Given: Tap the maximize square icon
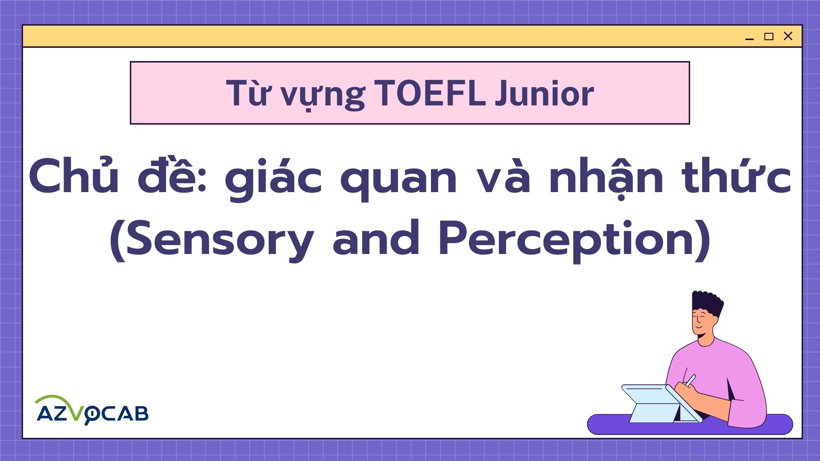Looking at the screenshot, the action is pos(769,36).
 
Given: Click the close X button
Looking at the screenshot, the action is pos(788,36).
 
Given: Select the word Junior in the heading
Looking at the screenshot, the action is pos(545,93).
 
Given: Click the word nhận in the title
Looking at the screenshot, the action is pos(606,179).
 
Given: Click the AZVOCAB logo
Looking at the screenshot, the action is pos(92,410).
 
